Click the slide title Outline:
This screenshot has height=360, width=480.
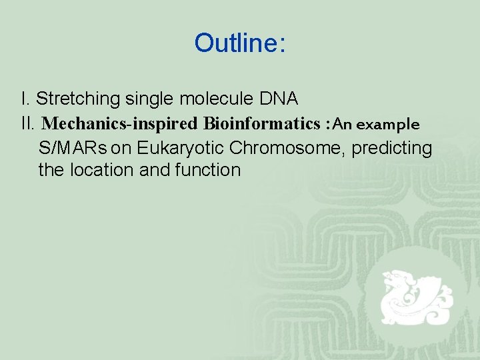tap(240, 43)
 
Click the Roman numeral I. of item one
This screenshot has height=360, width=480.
tap(25, 99)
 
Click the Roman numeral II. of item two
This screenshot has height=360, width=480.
tap(28, 124)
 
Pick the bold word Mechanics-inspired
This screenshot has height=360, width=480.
tap(120, 124)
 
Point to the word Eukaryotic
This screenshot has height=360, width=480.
tap(176, 147)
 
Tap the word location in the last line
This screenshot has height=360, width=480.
tap(103, 170)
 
